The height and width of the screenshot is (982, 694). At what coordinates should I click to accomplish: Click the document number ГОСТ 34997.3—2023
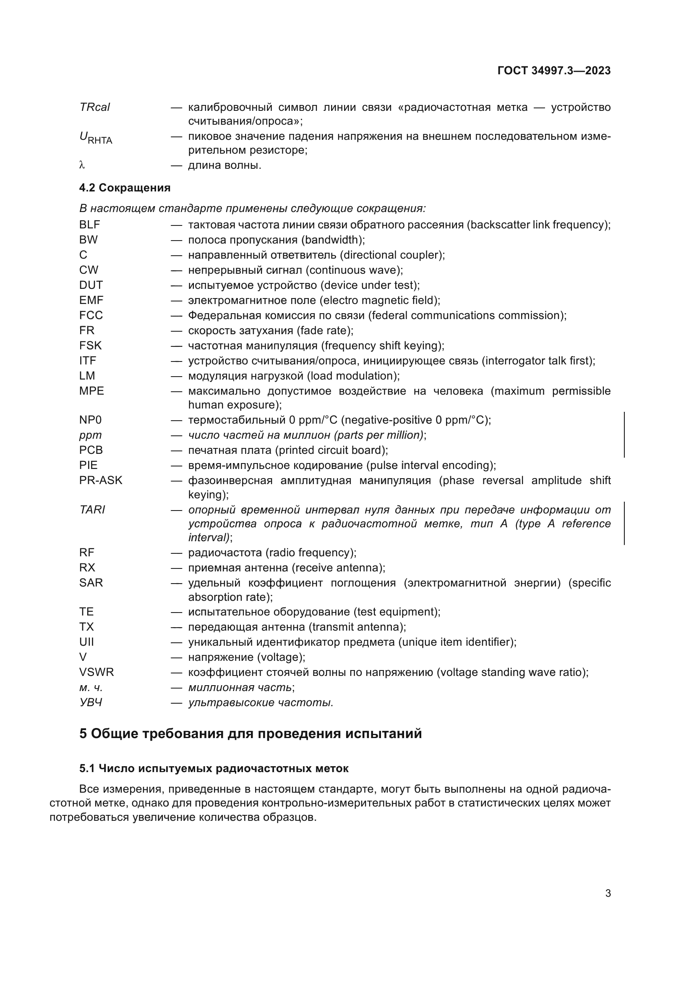pos(554,71)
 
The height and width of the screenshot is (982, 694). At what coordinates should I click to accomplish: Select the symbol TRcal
pos(94,107)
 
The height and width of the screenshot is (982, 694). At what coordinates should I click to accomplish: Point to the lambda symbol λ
pos(83,165)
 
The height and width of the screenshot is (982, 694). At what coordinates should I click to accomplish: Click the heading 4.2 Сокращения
pos(125,188)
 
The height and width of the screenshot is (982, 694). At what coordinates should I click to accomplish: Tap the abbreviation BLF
pos(89,225)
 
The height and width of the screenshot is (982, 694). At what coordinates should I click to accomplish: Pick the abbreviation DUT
pos(91,285)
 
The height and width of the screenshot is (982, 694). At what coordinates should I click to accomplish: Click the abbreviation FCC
pos(91,315)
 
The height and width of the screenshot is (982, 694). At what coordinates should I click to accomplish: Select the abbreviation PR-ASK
pos(100,480)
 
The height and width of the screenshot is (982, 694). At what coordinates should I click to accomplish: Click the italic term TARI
pos(92,510)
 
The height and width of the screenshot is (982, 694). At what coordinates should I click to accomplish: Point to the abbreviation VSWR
pos(96,672)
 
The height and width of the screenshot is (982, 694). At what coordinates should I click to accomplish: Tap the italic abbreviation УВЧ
pos(91,702)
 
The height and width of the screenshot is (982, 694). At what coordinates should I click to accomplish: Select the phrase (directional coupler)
pos(392,255)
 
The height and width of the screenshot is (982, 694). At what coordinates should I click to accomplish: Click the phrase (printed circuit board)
pos(331,450)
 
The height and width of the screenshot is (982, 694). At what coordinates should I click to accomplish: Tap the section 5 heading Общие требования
pos(250,734)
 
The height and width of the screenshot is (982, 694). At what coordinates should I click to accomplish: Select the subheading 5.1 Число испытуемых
pos(214,769)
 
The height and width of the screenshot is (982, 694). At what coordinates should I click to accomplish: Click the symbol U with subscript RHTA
pos(95,138)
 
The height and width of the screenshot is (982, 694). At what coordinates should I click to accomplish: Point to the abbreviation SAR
pos(91,583)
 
